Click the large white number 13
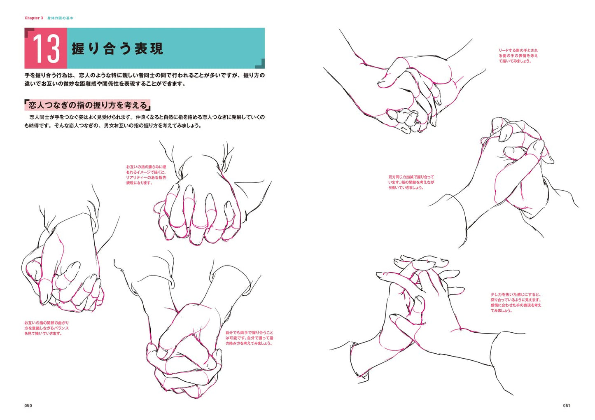(46, 49)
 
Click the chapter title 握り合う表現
(117, 49)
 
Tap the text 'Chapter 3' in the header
(34, 18)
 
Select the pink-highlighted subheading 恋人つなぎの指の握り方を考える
(87, 105)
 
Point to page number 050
(28, 406)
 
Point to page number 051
(566, 406)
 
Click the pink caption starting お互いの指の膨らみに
(146, 175)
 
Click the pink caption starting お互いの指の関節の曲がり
(47, 328)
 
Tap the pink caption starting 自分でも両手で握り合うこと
(249, 338)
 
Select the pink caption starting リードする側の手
(518, 56)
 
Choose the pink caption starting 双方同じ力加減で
(411, 182)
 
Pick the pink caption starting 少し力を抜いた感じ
(516, 302)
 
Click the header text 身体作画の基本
(60, 18)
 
